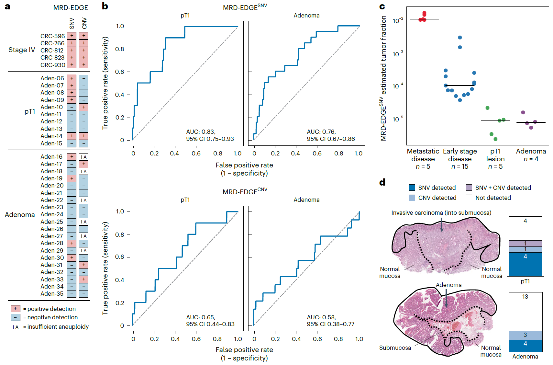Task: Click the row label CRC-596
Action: point(52,36)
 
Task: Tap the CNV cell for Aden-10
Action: point(83,107)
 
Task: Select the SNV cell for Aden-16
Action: point(72,157)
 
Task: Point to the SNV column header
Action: point(72,23)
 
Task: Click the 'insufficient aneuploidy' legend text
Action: point(58,327)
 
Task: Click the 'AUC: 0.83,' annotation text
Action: point(201,132)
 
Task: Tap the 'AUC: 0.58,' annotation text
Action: point(321,317)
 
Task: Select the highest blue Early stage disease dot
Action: point(460,38)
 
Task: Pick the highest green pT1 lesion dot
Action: point(487,108)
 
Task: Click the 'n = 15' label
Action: point(460,166)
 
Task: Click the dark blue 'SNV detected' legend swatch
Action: point(412,188)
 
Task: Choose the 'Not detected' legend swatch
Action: point(469,198)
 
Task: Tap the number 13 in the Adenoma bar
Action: point(525,297)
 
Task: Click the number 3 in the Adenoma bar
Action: point(525,335)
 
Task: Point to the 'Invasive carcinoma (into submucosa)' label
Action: point(441,213)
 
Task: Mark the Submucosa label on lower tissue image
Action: point(395,348)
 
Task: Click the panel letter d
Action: point(382,182)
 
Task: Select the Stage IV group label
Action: point(22,50)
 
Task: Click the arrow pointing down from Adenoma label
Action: point(446,298)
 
